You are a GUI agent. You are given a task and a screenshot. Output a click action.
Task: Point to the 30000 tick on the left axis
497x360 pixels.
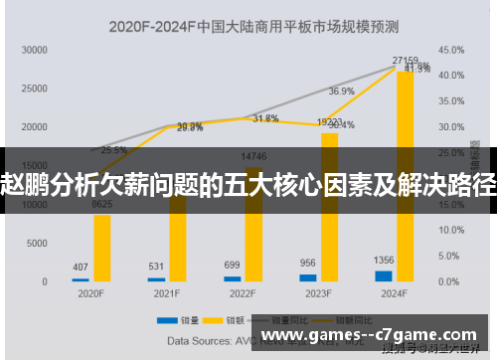[x=35, y=49]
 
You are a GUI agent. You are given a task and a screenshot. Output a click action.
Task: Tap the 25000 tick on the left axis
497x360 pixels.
[x=35, y=88]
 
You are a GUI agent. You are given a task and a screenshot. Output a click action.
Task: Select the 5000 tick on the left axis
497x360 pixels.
[x=38, y=244]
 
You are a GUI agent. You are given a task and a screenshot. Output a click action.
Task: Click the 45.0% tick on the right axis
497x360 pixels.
[x=452, y=49]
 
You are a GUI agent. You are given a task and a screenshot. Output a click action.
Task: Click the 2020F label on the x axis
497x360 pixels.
[x=91, y=294]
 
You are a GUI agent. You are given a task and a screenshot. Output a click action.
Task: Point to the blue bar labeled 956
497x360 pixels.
[x=308, y=278]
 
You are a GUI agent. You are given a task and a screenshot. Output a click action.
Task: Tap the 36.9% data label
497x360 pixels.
[x=341, y=91]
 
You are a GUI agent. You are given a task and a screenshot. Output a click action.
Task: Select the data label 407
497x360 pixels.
[x=81, y=267]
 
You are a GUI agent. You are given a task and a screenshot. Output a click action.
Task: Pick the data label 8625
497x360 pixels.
[x=101, y=204]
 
